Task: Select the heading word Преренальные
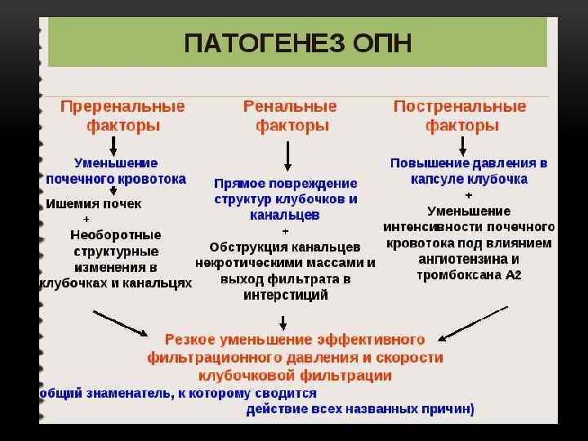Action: (123, 107)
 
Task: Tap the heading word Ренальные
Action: (291, 107)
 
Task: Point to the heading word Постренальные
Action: (460, 107)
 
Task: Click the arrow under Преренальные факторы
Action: (114, 145)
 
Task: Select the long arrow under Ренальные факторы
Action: (287, 155)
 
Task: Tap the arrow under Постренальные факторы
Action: (463, 145)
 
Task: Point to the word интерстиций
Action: (286, 296)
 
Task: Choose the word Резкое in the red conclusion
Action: (189, 339)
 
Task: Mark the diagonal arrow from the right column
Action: (474, 323)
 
